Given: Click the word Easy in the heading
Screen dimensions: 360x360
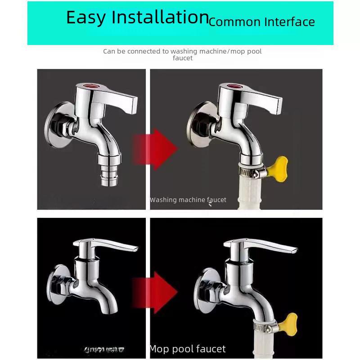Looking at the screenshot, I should (86, 18).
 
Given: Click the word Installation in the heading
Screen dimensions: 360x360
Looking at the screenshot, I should (160, 17).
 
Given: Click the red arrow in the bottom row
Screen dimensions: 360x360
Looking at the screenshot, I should (156, 292).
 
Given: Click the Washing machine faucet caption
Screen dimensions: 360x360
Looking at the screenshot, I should (188, 200).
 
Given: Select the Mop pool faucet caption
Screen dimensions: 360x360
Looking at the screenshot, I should (187, 349).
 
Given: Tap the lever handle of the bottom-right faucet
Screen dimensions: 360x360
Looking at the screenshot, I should (265, 247).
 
